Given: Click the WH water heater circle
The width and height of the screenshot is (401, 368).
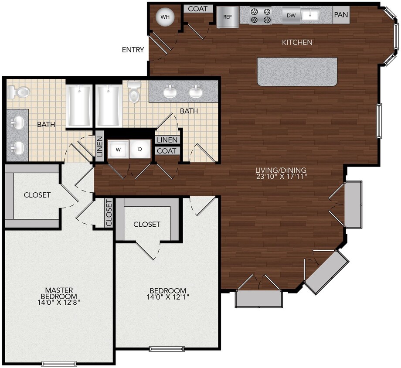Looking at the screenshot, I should (x=165, y=17).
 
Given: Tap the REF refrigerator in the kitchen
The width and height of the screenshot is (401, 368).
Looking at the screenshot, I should (x=228, y=17).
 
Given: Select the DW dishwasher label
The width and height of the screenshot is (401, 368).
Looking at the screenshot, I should (x=291, y=15).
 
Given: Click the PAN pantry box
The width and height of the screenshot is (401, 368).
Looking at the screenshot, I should (x=341, y=15).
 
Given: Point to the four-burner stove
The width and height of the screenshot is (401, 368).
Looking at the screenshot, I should (x=261, y=15).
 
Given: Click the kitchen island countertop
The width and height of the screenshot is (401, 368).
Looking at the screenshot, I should (x=297, y=72).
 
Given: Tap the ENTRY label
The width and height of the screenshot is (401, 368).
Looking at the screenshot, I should (x=133, y=50).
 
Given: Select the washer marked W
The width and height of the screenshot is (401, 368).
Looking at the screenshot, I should (x=118, y=149).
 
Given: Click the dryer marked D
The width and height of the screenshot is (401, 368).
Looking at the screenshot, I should (x=140, y=149).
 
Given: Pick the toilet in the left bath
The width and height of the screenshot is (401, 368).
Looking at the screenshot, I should (x=18, y=92).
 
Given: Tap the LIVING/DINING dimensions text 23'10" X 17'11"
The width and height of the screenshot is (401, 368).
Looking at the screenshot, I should (x=282, y=177).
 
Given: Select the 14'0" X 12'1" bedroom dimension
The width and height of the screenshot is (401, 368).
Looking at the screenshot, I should (x=168, y=298).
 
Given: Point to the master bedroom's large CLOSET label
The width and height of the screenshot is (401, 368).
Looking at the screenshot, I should (x=37, y=195).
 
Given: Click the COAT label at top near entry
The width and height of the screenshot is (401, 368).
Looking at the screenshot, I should (x=198, y=9).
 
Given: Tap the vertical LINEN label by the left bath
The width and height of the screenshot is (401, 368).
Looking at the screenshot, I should (x=99, y=148).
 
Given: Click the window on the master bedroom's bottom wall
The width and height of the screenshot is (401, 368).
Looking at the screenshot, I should (x=59, y=363).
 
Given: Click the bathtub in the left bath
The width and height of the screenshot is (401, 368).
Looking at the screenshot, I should (x=79, y=106).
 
